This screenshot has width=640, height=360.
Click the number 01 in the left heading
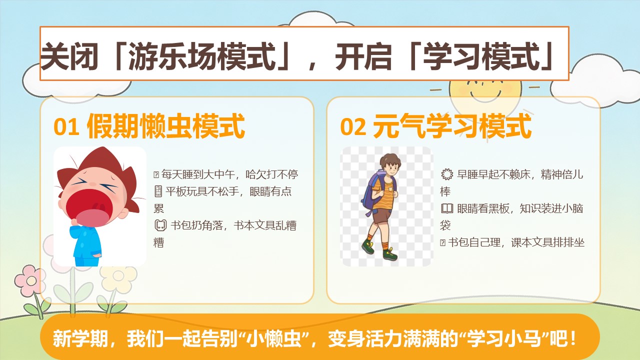[66, 127]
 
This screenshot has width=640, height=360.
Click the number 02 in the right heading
[353, 127]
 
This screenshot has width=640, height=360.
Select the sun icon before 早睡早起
[447, 174]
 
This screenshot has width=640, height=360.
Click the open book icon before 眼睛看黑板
[447, 208]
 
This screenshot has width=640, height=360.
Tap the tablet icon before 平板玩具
[158, 191]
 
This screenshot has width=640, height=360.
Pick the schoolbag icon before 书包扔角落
[160, 225]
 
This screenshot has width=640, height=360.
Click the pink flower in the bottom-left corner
[29, 280]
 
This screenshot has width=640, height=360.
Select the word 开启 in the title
[363, 56]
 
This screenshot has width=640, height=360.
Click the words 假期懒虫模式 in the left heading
[165, 126]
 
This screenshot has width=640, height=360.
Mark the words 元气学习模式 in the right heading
[452, 126]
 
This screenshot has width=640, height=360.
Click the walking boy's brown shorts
[381, 216]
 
